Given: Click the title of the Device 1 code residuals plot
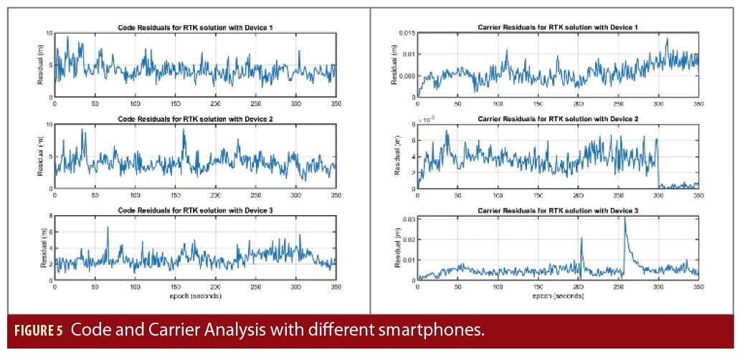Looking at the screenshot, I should [x=194, y=27].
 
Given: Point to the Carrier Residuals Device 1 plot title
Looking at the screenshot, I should [x=557, y=27].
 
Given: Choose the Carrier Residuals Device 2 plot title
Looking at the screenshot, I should [x=557, y=118].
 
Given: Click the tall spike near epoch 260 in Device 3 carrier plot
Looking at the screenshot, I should [x=625, y=219].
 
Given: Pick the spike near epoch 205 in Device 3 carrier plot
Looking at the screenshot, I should [x=582, y=239].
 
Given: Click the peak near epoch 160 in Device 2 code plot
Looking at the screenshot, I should [x=184, y=131].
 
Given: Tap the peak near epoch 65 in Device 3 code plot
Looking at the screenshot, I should [x=108, y=228].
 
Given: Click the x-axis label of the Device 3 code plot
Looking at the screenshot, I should [x=194, y=295].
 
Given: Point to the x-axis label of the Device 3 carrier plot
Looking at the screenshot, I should [x=557, y=295].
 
